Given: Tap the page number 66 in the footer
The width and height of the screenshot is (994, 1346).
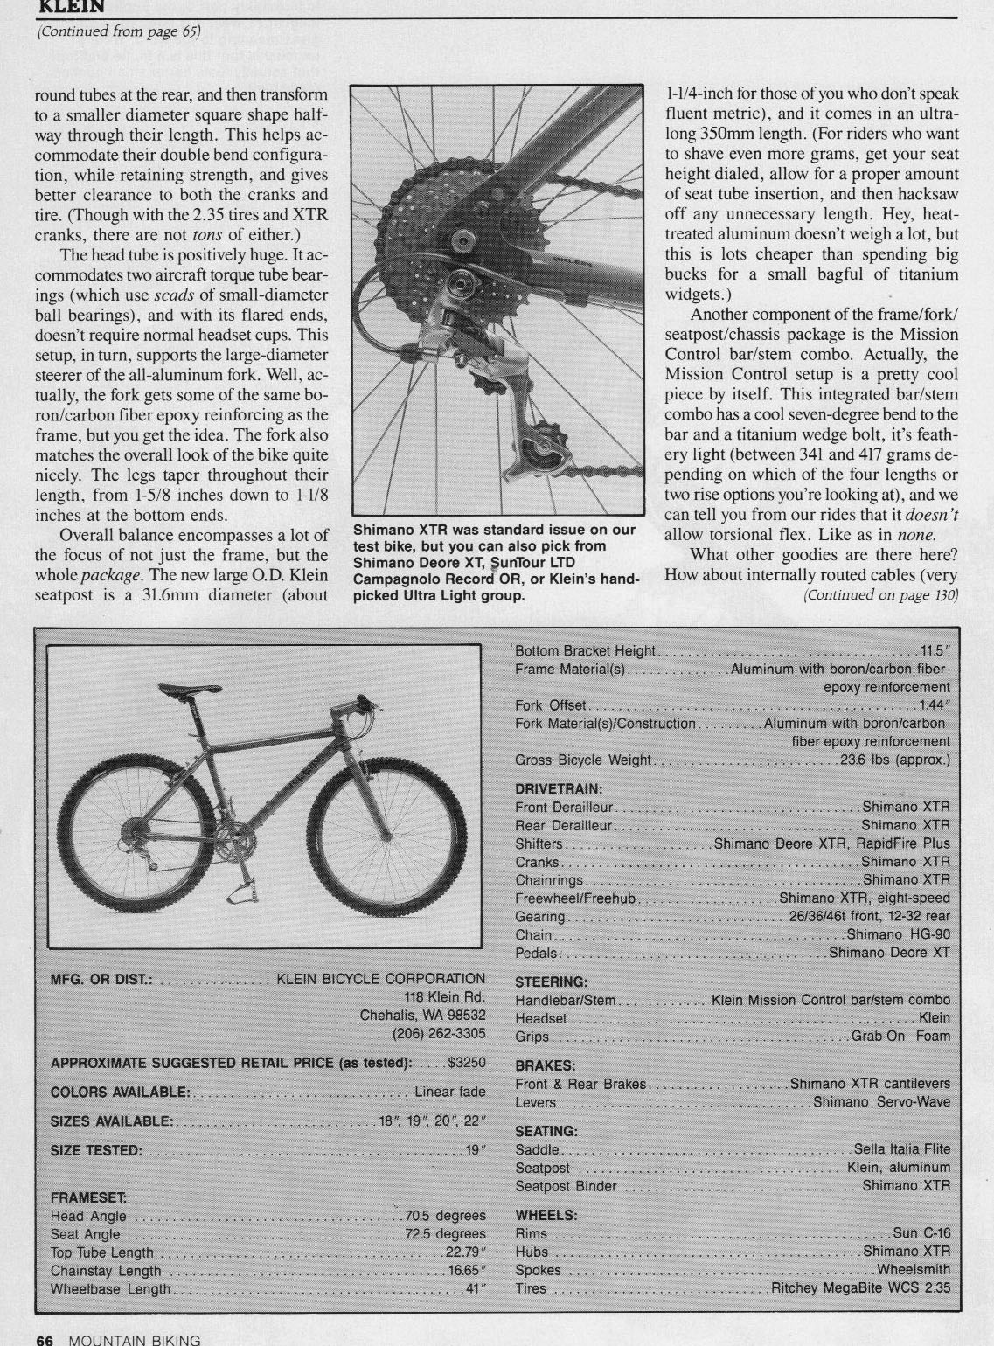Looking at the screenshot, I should click(44, 1338).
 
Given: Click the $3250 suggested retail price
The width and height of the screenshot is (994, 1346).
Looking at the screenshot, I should click(465, 1063).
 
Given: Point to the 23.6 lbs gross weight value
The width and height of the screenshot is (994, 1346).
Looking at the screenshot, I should click(894, 760).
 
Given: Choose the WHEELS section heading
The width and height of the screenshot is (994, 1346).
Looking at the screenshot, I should click(546, 1215).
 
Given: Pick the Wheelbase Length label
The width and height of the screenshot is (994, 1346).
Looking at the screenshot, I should click(111, 1288).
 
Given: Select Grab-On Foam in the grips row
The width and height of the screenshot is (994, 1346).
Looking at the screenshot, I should click(900, 1037).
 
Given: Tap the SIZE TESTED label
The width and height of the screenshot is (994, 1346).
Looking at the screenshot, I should click(96, 1149).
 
